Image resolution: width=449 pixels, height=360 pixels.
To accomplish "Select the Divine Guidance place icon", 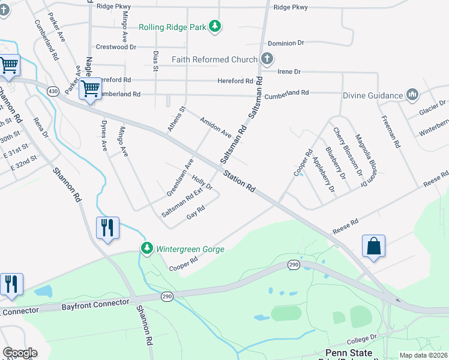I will pyautogui.click(x=412, y=95).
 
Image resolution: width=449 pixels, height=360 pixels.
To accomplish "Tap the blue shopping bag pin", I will pyautogui.click(x=373, y=247).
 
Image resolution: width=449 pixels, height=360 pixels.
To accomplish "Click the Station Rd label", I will pyautogui.click(x=239, y=181).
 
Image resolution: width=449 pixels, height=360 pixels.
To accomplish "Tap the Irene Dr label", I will pyautogui.click(x=289, y=71).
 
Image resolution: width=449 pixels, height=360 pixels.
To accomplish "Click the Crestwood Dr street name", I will pyautogui.click(x=116, y=47).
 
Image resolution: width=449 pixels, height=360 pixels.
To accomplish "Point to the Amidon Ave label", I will pyautogui.click(x=215, y=127).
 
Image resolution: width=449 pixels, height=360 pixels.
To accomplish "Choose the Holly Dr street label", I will pyautogui.click(x=202, y=182).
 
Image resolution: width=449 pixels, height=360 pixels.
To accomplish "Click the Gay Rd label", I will pyautogui.click(x=196, y=212).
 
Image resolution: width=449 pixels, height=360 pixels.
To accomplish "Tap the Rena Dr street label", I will pyautogui.click(x=41, y=127).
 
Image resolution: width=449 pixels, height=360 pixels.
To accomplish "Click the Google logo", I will pyautogui.click(x=20, y=353).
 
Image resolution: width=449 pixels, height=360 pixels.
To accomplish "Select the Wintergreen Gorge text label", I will pyautogui.click(x=190, y=249).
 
